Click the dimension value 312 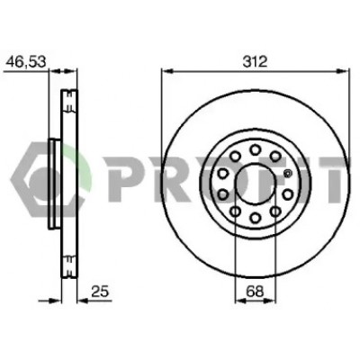[x=255, y=62]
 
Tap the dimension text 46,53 [x=26, y=62]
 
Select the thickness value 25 [x=100, y=292]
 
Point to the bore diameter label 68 [x=255, y=292]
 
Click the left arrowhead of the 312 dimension [x=167, y=71]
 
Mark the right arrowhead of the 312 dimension [x=343, y=71]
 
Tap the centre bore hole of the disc [x=256, y=184]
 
